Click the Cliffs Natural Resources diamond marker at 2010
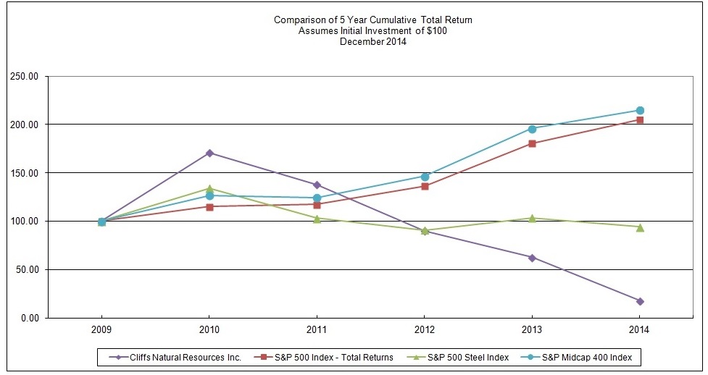click(x=209, y=153)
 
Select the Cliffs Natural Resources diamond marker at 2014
click(x=640, y=301)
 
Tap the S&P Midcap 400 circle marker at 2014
click(x=640, y=111)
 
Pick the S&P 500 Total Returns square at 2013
click(x=532, y=143)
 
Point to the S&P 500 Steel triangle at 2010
click(x=209, y=188)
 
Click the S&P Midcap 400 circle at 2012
click(x=425, y=177)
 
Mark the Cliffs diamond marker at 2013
click(x=532, y=258)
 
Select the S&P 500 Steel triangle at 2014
click(x=640, y=227)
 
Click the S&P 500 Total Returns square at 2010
click(x=209, y=207)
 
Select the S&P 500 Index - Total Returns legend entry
click(x=330, y=357)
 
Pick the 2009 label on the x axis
click(x=101, y=331)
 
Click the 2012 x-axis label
click(x=425, y=331)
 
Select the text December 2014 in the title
click(x=371, y=42)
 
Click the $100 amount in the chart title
click(x=436, y=30)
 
